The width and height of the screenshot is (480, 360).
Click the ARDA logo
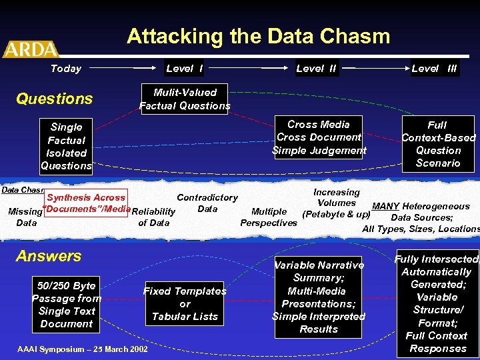click(30, 49)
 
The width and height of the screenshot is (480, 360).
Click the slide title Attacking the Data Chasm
click(258, 36)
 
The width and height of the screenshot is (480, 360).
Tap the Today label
click(66, 68)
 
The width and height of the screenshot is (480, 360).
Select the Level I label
click(184, 68)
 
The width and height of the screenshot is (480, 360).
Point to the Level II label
click(316, 68)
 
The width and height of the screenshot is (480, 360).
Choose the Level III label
click(434, 68)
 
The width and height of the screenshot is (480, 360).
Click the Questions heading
click(54, 99)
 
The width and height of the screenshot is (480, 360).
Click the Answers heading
click(49, 256)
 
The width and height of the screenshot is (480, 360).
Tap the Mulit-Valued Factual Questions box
click(185, 99)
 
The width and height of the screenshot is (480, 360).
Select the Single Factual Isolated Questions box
click(66, 146)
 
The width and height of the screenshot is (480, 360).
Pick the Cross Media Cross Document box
click(319, 137)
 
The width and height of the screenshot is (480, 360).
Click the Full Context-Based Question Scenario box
click(438, 144)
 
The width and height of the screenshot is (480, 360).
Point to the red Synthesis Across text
click(86, 197)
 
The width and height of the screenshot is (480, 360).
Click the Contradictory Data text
click(207, 203)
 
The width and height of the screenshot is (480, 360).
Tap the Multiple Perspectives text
click(269, 217)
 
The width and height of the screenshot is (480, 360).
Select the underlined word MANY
click(386, 207)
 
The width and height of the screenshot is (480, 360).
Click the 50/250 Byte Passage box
click(66, 305)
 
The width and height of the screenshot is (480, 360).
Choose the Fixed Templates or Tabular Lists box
click(185, 303)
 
